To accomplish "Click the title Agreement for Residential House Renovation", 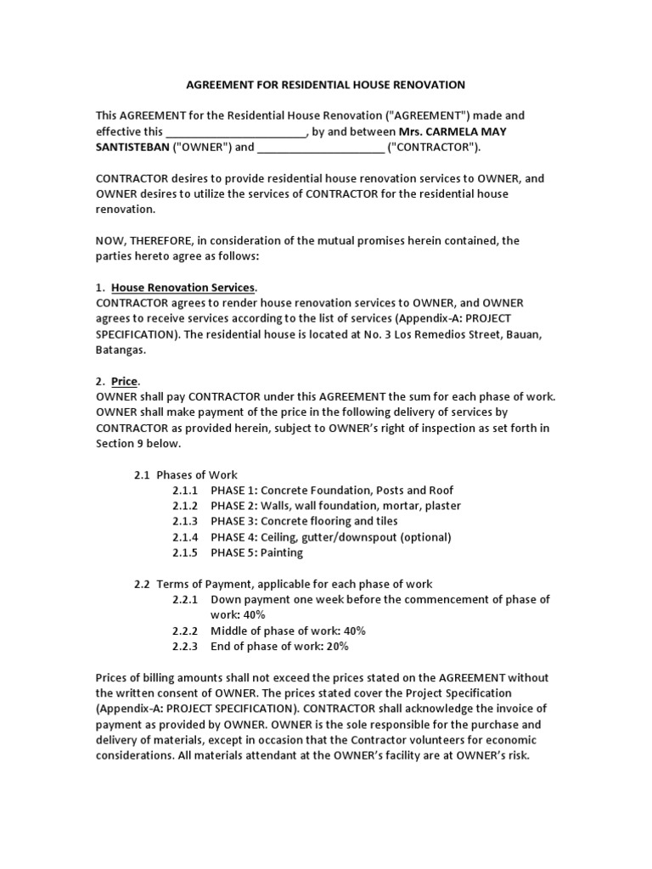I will click(325, 85).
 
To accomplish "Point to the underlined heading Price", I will click(124, 381).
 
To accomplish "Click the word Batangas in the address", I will click(121, 350).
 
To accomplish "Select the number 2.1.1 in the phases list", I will click(184, 491).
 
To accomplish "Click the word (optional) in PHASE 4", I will click(424, 537).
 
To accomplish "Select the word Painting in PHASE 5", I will click(281, 552).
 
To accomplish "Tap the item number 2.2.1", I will click(184, 599).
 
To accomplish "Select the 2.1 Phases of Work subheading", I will click(186, 475).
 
